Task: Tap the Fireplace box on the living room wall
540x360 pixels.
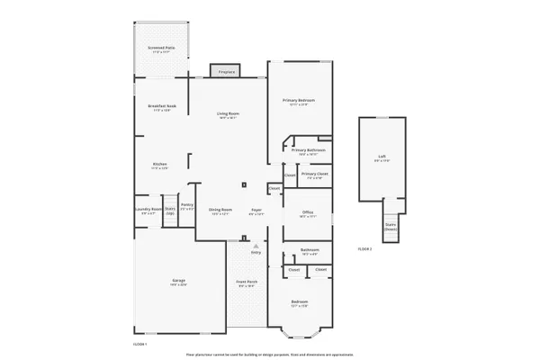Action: [223, 70]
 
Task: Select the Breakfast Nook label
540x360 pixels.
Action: [162, 107]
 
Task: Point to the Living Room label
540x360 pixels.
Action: [228, 113]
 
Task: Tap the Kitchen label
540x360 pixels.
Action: [159, 166]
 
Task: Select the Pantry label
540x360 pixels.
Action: [187, 206]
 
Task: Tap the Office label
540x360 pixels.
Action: [307, 212]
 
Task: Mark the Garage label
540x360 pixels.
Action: [179, 282]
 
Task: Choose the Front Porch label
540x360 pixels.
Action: [247, 283]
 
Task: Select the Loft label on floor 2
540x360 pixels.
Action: [382, 158]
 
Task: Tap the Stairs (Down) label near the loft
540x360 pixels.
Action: [391, 227]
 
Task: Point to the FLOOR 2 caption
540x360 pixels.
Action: [364, 247]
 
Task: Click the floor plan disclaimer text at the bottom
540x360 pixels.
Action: [270, 353]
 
